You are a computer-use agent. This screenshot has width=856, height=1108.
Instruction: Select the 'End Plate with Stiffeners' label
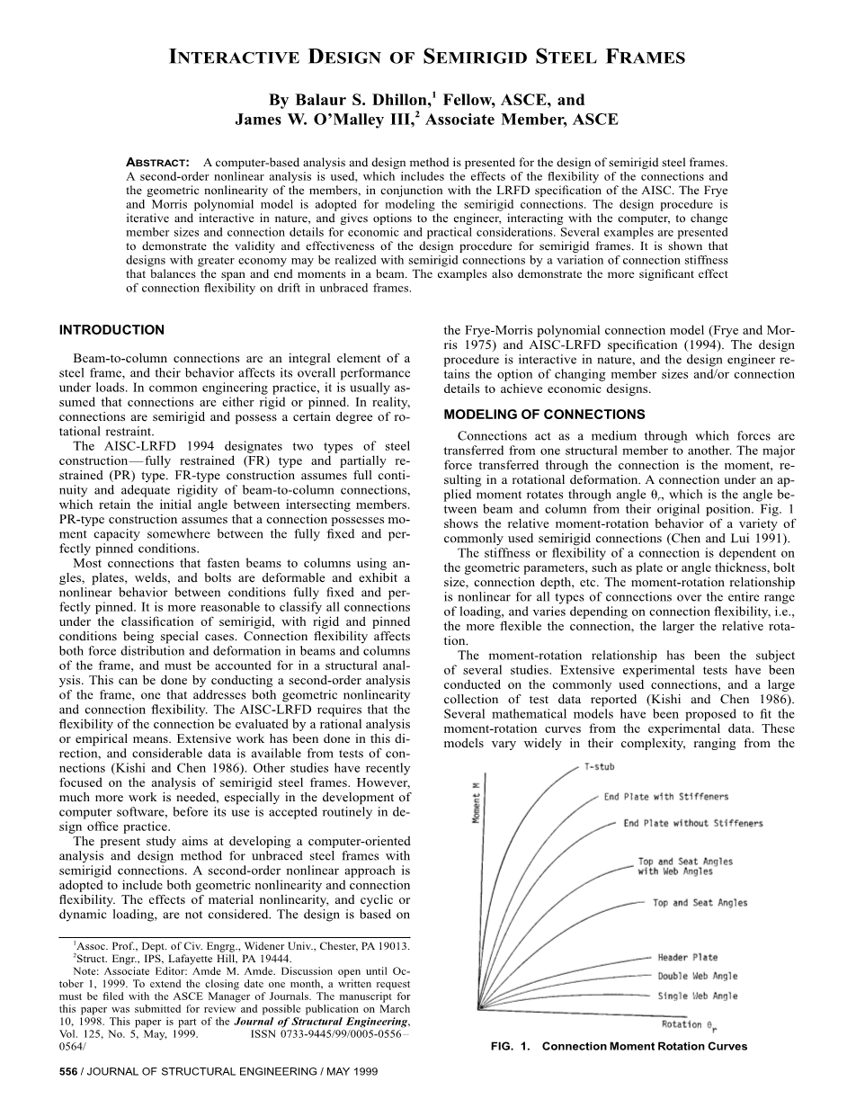coord(665,797)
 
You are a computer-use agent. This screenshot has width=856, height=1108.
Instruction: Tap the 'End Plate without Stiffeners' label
coord(692,823)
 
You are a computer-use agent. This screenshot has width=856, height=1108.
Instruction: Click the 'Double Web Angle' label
coord(697,976)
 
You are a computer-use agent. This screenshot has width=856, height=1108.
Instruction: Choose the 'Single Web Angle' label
coord(697,996)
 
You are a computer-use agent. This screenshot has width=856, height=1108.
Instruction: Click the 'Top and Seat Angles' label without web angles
coord(700,903)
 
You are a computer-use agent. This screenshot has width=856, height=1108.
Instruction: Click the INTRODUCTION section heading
coord(111,330)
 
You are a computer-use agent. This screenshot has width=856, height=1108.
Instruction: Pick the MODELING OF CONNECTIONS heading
coord(544,415)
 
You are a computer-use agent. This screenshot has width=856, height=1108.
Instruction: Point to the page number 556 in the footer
coord(68,1072)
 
